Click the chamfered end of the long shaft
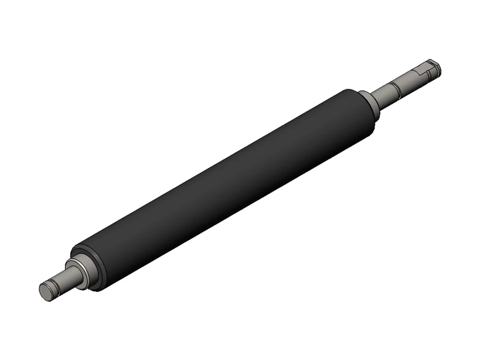pos(438,67)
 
